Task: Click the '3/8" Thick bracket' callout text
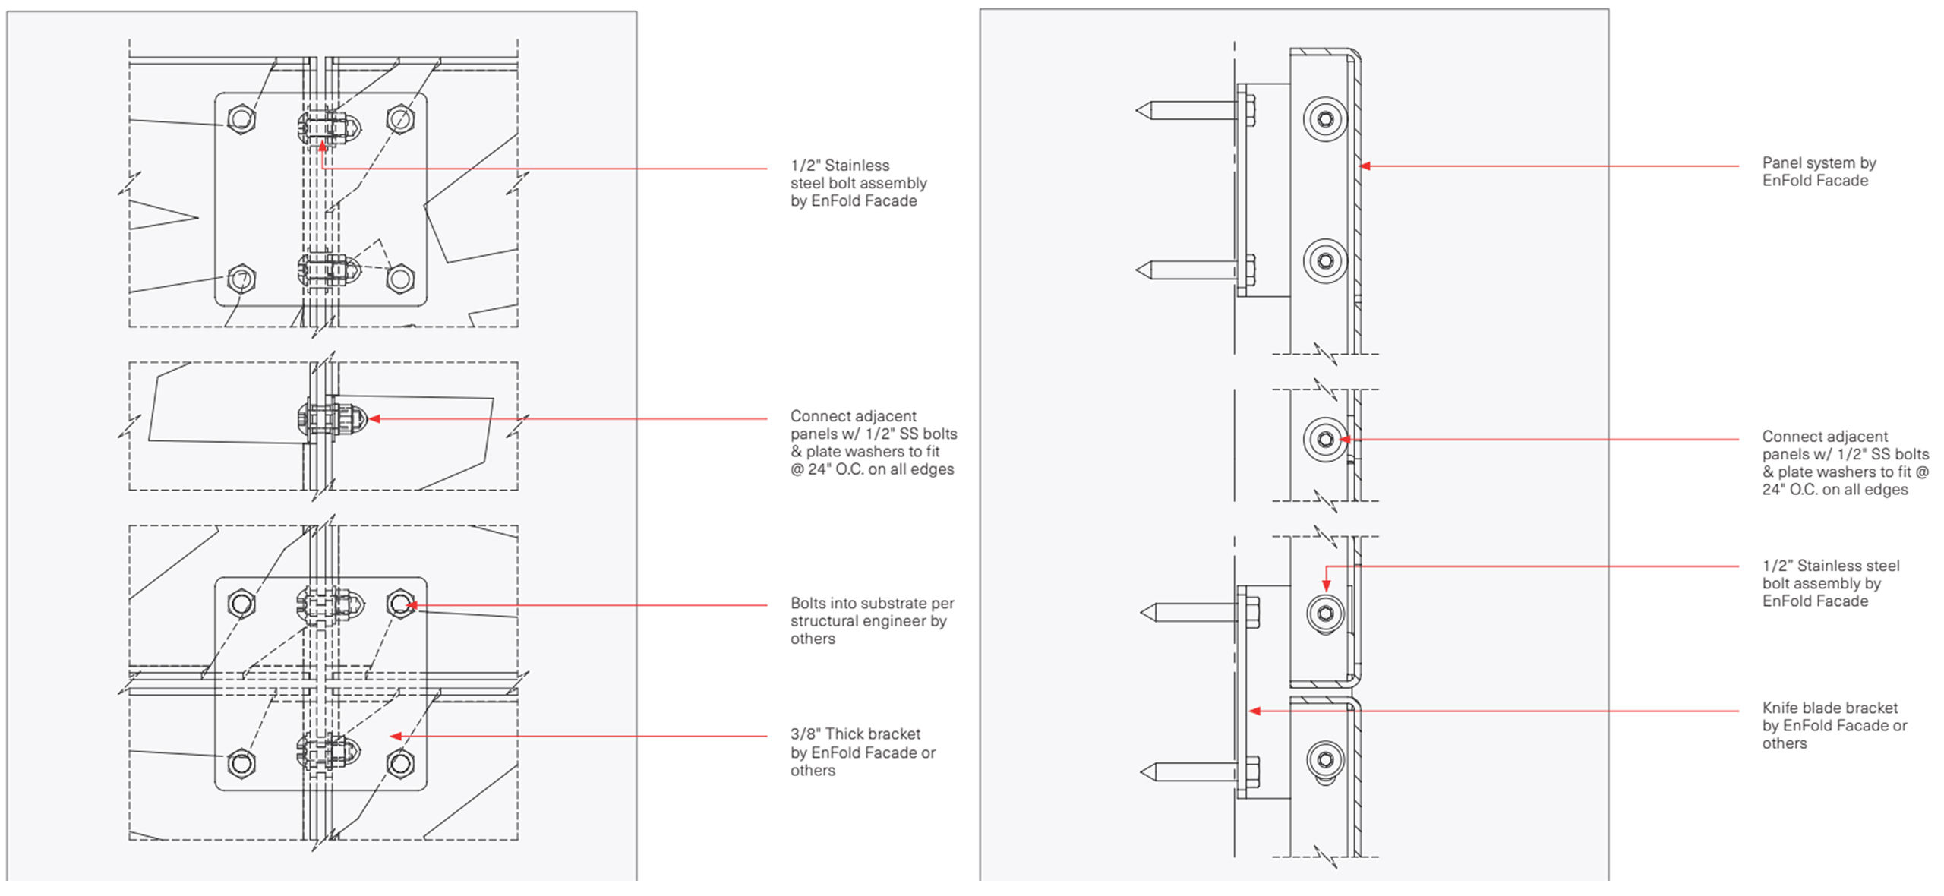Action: [863, 752]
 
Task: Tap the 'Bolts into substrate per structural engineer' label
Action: [872, 620]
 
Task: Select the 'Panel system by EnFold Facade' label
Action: [1819, 172]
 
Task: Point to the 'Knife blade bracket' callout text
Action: [1834, 725]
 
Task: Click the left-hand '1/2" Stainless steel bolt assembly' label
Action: [858, 183]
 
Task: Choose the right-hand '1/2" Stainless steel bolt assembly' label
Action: [1830, 583]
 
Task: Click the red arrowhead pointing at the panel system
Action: [1365, 166]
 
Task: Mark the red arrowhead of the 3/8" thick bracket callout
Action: [395, 736]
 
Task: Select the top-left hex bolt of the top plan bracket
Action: [241, 119]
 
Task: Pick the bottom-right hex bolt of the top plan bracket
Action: [400, 279]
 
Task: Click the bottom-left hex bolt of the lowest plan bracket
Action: [241, 762]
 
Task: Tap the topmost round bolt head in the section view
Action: [1325, 119]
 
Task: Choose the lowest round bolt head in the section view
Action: [1325, 759]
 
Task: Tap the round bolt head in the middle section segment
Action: [1325, 439]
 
